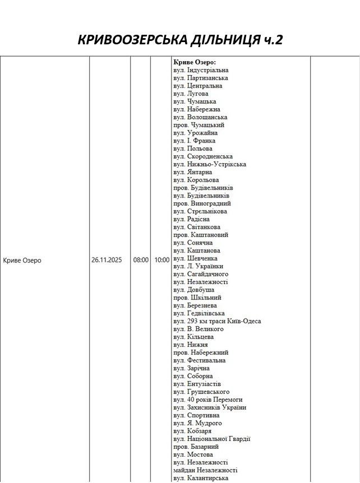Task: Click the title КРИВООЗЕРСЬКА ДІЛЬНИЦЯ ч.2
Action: (x=180, y=40)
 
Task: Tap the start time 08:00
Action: (x=141, y=260)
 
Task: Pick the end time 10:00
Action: (x=161, y=260)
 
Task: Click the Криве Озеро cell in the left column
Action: (x=22, y=260)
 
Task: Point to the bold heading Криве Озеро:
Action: (x=195, y=62)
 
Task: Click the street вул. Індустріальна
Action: (x=201, y=70)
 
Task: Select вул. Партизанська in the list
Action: (x=200, y=78)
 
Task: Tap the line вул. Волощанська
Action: (x=200, y=117)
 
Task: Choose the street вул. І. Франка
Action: (x=191, y=141)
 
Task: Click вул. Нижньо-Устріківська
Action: (x=210, y=164)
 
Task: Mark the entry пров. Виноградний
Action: (x=202, y=204)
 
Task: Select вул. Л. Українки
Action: (x=198, y=266)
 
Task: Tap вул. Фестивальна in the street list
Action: (x=200, y=360)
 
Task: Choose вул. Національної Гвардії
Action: (x=212, y=439)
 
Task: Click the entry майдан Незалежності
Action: (x=205, y=470)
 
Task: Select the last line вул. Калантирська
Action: (x=201, y=478)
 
